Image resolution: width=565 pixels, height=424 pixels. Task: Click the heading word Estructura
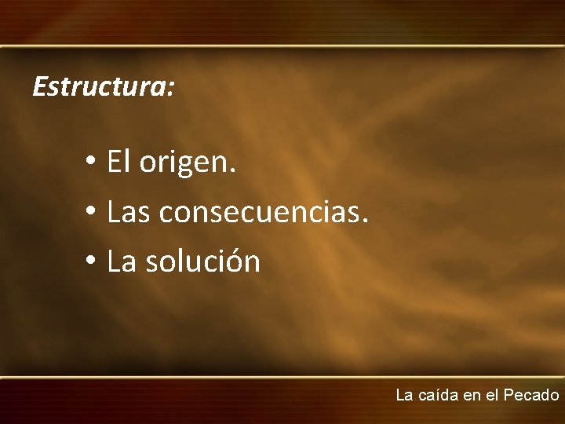point(98,86)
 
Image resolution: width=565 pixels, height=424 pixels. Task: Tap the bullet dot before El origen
point(91,163)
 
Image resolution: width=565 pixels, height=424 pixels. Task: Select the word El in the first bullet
point(118,163)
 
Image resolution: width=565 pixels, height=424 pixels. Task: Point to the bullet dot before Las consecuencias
point(91,212)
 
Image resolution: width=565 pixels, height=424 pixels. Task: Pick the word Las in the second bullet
point(130,212)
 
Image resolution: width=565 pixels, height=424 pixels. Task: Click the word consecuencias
point(257,212)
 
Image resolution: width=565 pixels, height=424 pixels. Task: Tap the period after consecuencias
point(364,221)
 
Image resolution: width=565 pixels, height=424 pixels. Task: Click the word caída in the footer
point(438,395)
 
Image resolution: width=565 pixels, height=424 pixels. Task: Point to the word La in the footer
point(404,395)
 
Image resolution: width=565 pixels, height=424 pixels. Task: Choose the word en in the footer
point(472,396)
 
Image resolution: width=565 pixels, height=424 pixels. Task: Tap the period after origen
point(232,171)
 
